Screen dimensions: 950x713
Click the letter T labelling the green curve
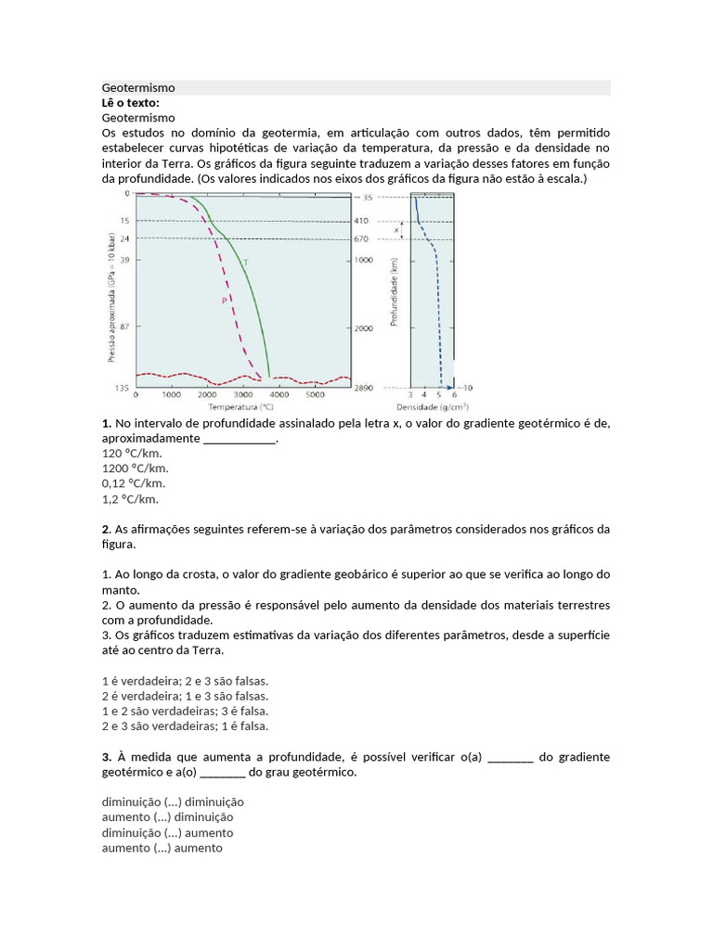[246, 263]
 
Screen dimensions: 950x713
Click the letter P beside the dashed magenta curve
[224, 301]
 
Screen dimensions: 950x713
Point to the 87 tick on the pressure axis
[125, 327]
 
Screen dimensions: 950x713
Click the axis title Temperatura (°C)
[240, 406]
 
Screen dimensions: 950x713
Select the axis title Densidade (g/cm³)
[433, 406]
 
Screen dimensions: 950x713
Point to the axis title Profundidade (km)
[394, 292]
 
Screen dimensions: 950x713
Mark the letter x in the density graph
[401, 230]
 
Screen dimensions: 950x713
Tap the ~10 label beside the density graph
[465, 387]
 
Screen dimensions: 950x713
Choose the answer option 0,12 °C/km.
[134, 483]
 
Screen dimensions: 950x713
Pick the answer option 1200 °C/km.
[135, 469]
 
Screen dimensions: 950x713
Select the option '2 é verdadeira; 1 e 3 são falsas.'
[185, 695]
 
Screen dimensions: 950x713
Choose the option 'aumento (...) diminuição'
[167, 816]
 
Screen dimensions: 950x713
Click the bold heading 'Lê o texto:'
[130, 103]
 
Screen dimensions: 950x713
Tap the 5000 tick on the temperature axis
[316, 394]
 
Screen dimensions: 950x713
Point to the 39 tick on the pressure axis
[125, 261]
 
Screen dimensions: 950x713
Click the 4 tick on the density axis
[425, 394]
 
